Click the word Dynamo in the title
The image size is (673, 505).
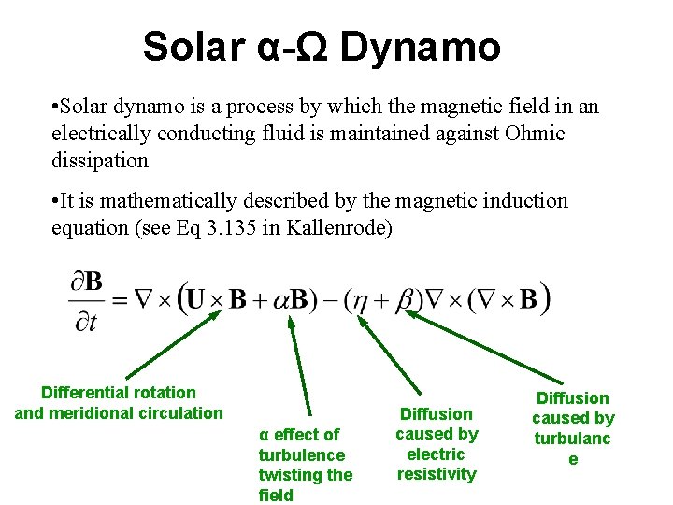pyautogui.click(x=421, y=47)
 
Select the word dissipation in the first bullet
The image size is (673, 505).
pyautogui.click(x=100, y=160)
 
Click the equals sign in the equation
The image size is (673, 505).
pyautogui.click(x=120, y=300)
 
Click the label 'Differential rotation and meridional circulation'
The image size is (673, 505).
pyautogui.click(x=119, y=403)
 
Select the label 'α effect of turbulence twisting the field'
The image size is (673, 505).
pyautogui.click(x=306, y=465)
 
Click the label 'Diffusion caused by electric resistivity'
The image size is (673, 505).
pyautogui.click(x=437, y=444)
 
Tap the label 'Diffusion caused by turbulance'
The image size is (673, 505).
pyautogui.click(x=573, y=428)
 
